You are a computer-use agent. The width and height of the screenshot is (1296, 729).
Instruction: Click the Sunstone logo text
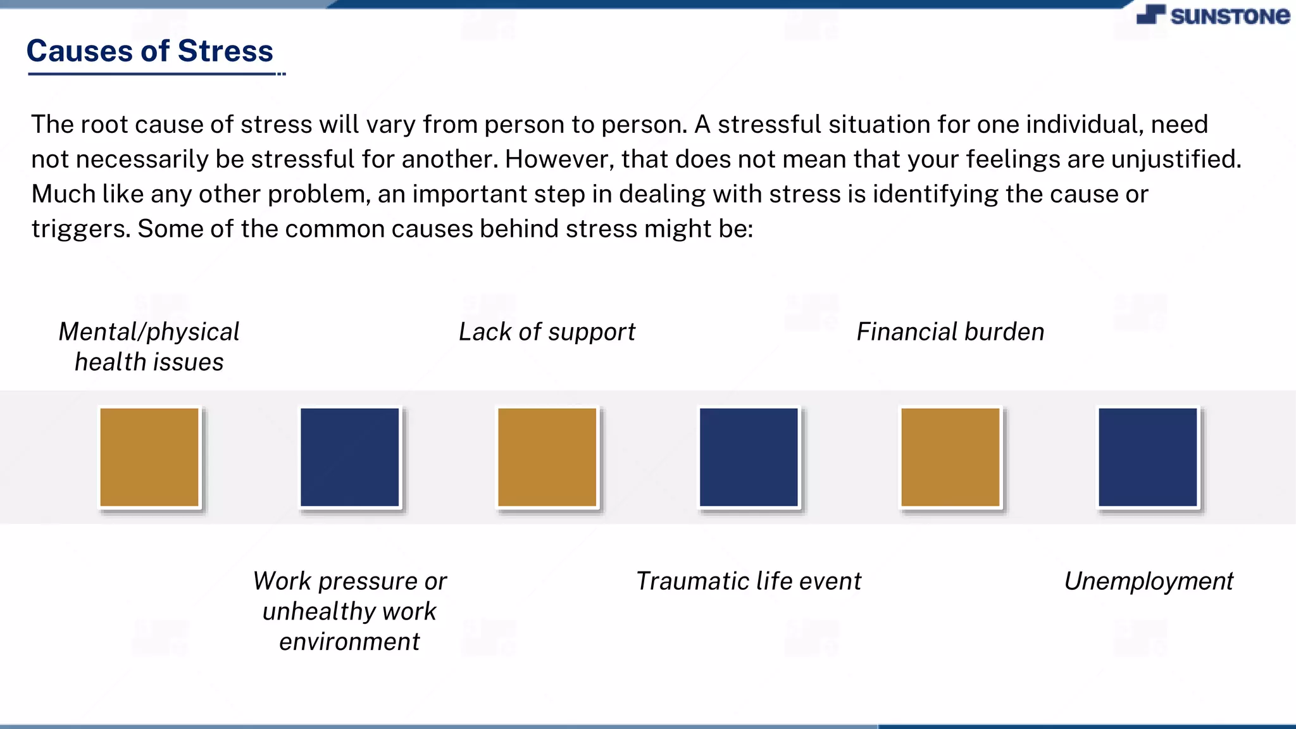1229,16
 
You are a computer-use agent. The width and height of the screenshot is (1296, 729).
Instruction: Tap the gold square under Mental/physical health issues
149,457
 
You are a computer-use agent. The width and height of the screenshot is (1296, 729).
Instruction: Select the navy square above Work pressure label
350,457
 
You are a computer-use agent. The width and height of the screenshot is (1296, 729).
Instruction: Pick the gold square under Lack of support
547,457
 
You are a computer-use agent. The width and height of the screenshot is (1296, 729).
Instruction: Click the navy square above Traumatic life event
749,457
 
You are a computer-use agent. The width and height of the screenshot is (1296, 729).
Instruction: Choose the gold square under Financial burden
950,457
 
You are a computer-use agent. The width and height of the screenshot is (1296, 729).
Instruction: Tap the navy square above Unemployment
1148,457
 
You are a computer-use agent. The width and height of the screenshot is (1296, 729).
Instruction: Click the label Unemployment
1149,581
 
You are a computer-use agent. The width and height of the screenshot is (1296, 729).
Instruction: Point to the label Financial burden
950,332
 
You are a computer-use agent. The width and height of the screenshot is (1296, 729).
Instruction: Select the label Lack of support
547,332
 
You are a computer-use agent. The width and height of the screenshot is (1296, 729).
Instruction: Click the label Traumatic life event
749,581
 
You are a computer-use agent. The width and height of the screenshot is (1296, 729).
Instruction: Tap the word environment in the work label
349,642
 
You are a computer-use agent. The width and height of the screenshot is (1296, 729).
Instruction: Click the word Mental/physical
149,332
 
